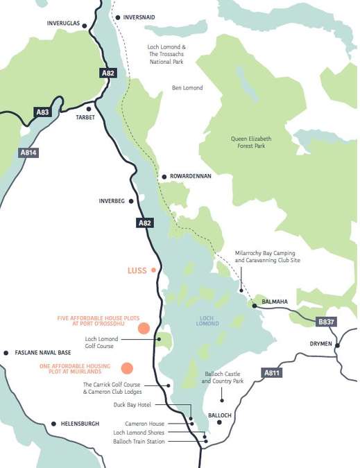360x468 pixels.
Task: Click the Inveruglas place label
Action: pyautogui.click(x=64, y=23)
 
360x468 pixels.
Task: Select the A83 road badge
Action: pyautogui.click(x=44, y=112)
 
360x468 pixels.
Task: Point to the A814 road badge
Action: pyautogui.click(x=28, y=153)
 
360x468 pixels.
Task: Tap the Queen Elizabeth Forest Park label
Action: pyautogui.click(x=251, y=142)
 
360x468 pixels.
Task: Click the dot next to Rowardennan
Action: pyautogui.click(x=164, y=177)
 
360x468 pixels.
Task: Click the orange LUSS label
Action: pyautogui.click(x=137, y=270)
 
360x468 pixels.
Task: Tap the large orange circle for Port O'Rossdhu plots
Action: pyautogui.click(x=144, y=329)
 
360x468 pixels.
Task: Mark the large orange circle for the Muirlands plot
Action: pyautogui.click(x=127, y=368)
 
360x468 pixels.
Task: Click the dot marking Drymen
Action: pyautogui.click(x=338, y=345)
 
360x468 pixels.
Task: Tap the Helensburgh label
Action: pyautogui.click(x=80, y=424)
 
